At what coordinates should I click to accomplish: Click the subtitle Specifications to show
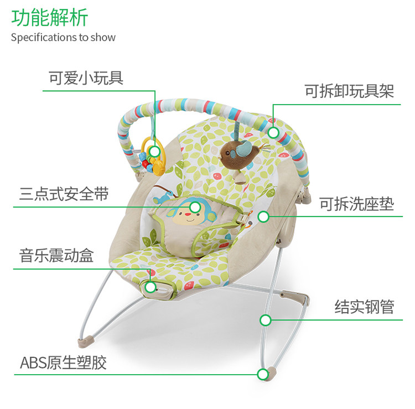[x=63, y=38]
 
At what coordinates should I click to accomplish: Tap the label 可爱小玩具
[x=86, y=78]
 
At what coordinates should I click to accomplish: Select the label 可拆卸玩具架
[x=349, y=91]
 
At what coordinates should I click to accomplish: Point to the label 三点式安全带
[x=64, y=194]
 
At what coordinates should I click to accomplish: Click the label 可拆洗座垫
[x=356, y=204]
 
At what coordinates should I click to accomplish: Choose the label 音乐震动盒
[x=56, y=256]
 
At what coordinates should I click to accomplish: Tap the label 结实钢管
[x=364, y=307]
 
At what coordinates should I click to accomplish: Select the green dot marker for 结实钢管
[x=266, y=319]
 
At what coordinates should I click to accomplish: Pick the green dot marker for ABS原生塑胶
[x=263, y=374]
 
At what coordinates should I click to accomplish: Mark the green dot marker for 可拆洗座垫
[x=263, y=216]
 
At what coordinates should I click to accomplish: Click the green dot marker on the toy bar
[x=273, y=132]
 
